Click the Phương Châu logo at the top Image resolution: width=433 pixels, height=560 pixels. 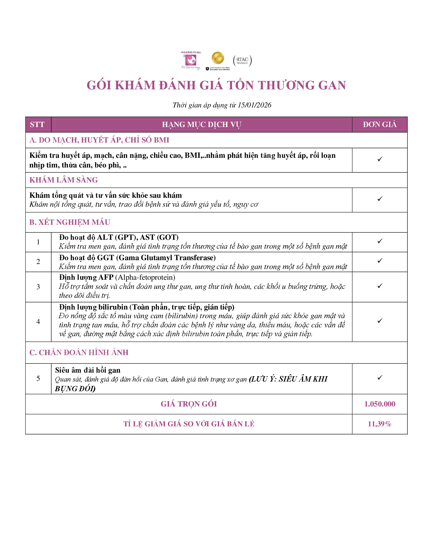[191, 61]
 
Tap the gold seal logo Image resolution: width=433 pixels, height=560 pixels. [218, 59]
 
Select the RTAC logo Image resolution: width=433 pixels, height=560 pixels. [242, 61]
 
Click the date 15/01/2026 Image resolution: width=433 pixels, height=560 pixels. [254, 105]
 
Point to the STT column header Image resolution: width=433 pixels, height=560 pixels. [37, 125]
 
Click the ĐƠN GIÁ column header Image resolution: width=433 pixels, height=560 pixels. [380, 125]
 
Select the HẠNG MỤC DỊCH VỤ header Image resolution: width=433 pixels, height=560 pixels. [201, 125]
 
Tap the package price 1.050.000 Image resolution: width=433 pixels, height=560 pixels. [380, 404]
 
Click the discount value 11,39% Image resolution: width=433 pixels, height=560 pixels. [380, 424]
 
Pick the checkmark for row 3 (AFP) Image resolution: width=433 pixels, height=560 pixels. [380, 286]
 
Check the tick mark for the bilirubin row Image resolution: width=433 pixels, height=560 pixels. [380, 321]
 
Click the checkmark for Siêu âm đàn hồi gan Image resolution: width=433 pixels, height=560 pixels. [380, 377]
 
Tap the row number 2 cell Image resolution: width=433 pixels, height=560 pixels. [38, 262]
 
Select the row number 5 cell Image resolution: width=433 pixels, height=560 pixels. [38, 379]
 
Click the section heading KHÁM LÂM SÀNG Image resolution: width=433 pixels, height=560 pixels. [64, 180]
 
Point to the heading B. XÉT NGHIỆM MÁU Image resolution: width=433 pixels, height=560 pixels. [70, 222]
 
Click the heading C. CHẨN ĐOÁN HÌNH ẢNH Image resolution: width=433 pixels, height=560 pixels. [79, 353]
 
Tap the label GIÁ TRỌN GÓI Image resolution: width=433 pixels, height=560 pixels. [188, 404]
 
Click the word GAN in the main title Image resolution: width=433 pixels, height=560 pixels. [332, 85]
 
